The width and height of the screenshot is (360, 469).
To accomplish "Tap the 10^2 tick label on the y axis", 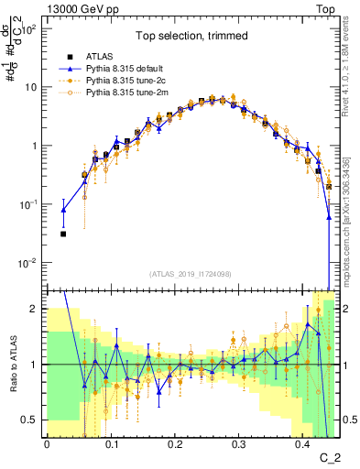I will coord(29,29).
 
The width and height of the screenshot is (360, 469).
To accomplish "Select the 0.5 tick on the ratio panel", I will coord(31,420).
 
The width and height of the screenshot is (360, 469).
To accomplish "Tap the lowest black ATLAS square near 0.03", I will coord(63,234).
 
